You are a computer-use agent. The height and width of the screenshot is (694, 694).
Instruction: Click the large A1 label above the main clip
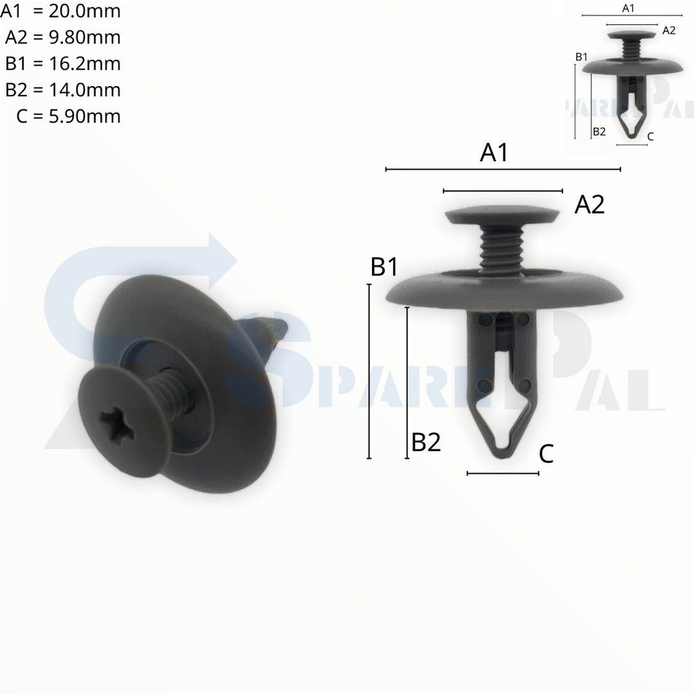click(494, 153)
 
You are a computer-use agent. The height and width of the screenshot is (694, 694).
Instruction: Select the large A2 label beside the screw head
click(589, 204)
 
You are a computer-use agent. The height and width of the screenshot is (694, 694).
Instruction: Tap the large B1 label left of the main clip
click(384, 267)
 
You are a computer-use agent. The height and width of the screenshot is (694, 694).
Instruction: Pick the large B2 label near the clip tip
click(426, 443)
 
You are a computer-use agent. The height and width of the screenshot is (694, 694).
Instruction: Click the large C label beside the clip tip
click(546, 455)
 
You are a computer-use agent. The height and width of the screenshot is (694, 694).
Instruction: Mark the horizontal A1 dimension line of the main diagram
click(503, 169)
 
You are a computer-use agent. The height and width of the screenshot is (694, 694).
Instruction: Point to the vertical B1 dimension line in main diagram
click(369, 371)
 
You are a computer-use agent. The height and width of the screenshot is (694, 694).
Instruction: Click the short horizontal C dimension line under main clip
click(503, 473)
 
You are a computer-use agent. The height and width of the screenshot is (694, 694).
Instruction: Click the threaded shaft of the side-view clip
click(502, 249)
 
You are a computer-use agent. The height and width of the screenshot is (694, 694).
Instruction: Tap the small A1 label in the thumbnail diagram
click(628, 8)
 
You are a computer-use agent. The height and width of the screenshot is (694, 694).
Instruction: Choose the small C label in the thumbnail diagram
click(651, 136)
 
